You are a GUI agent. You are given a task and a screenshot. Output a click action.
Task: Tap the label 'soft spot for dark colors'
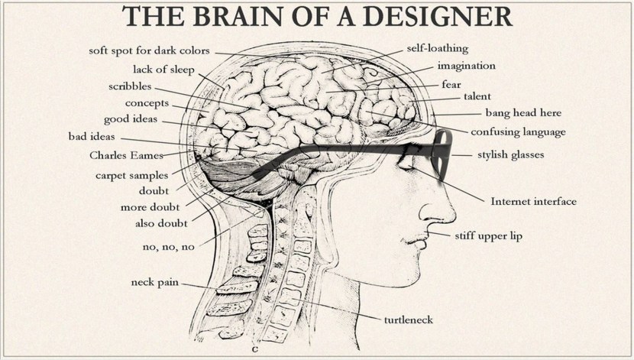149,51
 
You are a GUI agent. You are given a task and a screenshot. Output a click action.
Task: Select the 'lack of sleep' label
163,70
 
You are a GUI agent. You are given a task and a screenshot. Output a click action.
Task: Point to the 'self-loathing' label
438,49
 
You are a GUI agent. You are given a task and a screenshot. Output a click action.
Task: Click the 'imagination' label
467,66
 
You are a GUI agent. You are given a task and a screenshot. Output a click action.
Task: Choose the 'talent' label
477,96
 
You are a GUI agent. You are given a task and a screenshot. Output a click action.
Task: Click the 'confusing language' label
518,132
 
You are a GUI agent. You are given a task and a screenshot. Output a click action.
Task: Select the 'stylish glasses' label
511,155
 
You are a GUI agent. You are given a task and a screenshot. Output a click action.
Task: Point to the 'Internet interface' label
534,202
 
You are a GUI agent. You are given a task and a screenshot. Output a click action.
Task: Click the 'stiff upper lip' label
488,236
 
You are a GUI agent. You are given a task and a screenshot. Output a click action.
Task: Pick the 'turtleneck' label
409,320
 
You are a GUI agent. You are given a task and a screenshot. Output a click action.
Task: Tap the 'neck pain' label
155,282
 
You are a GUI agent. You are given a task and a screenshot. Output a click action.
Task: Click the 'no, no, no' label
169,247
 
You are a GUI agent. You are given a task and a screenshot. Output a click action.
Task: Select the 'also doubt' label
161,223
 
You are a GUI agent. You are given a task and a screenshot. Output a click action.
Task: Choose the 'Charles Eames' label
126,155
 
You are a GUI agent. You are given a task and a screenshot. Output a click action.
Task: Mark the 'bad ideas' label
92,137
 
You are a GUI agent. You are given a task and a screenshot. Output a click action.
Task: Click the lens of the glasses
442,153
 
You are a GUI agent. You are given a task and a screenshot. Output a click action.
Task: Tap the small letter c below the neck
254,349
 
